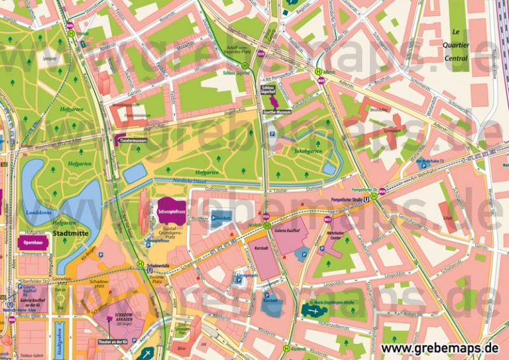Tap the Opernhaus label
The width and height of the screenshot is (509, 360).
tap(31, 243)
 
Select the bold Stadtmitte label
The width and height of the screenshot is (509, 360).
tap(70, 233)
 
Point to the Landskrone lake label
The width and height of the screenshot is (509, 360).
tap(38, 212)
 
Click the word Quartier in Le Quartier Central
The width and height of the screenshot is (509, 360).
tap(455, 45)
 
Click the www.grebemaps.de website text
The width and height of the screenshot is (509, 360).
tap(440, 347)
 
